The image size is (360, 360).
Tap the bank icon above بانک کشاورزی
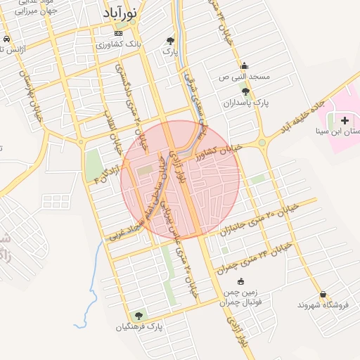(x=118, y=33)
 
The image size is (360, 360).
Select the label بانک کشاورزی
(x=118, y=44)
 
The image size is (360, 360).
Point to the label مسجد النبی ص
(x=244, y=75)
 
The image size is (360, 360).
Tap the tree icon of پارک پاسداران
(x=245, y=91)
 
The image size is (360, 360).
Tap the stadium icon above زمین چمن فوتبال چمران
(x=240, y=281)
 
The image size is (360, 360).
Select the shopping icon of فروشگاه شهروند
(x=323, y=294)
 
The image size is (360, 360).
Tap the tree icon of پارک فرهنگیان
(x=138, y=315)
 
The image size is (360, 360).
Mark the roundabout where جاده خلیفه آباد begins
(x=262, y=143)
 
